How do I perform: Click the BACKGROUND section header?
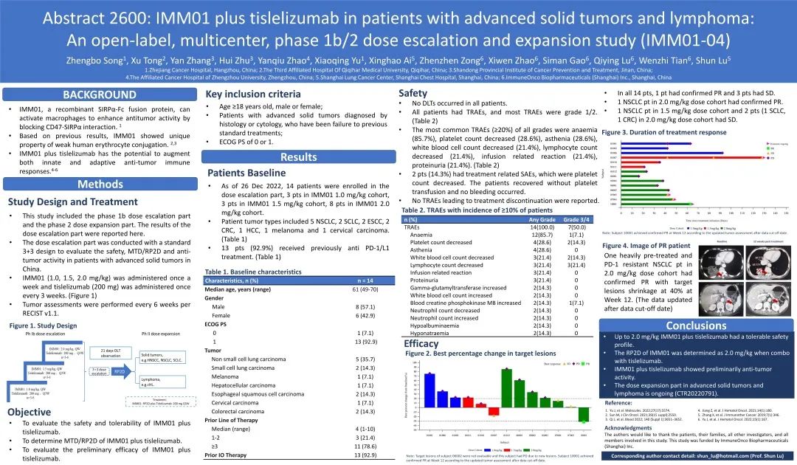point(99,94)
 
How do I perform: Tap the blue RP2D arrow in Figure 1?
point(118,371)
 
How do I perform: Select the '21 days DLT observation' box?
point(110,353)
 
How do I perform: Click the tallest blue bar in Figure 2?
point(430,390)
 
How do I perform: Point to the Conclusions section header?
point(696,325)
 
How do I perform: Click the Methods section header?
point(100,184)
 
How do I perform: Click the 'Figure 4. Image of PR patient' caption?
point(646,245)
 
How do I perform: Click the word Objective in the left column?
point(30,412)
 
